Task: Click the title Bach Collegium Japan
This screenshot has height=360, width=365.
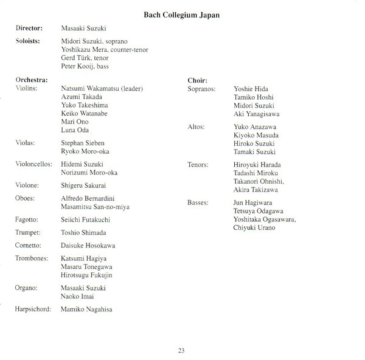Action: coord(182,13)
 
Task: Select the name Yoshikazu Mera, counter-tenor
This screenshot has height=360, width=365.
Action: coord(105,49)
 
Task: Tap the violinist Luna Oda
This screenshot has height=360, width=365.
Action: coord(76,130)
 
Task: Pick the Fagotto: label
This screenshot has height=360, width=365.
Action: coord(29,220)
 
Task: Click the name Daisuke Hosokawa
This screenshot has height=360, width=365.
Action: coord(88,246)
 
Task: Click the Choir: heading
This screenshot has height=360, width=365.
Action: coord(198,80)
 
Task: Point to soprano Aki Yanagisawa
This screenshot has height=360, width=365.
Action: coord(257,114)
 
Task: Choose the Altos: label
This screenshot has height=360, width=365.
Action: coord(197,126)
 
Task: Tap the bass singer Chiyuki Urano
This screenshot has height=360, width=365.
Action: coord(254,227)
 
